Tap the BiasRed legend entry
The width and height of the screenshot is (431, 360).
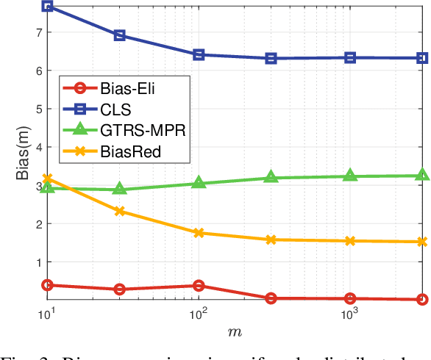118,151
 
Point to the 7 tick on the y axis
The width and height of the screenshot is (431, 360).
38,32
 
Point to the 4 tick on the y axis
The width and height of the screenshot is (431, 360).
38,147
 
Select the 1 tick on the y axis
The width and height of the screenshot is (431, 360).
38,262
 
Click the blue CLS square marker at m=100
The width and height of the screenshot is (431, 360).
199,55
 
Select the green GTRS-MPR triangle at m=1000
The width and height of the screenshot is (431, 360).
350,176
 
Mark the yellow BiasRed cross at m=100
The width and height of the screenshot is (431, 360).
199,233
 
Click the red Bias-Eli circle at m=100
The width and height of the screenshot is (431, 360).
199,286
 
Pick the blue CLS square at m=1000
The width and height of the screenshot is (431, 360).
350,57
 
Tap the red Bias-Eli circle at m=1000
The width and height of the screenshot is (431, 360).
350,298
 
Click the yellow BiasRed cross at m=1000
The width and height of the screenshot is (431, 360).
350,241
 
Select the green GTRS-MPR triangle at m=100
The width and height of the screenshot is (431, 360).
199,183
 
